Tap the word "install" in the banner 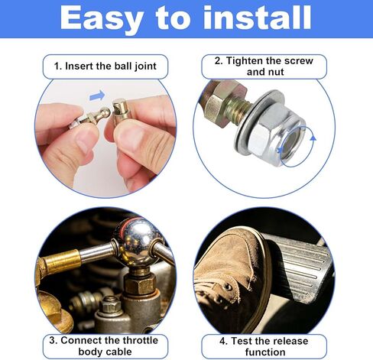257,17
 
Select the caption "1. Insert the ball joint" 105,66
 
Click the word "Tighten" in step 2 245,61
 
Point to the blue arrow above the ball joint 97,96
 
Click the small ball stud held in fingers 89,118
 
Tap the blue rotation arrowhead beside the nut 313,138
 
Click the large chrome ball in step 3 135,242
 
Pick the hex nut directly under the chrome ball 140,284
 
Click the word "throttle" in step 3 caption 141,341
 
